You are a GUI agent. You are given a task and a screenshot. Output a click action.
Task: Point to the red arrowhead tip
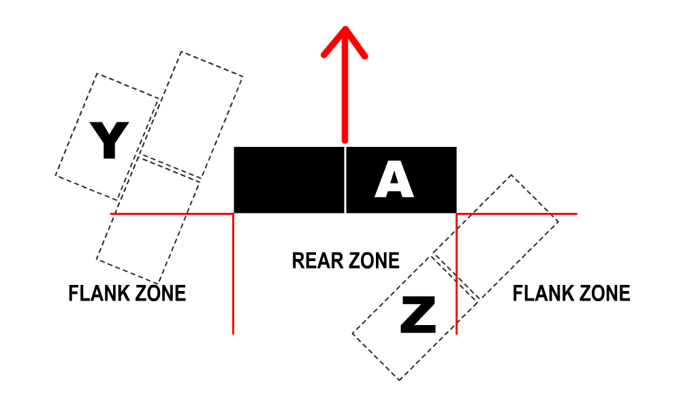pos(345,29)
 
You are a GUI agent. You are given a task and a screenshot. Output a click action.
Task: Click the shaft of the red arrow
pos(345,95)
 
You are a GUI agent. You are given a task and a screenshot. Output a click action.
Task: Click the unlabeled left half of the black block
pos(289,180)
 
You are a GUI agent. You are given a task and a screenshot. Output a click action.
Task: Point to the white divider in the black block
pos(345,180)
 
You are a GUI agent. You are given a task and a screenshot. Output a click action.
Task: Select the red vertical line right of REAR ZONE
pos(456,272)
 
